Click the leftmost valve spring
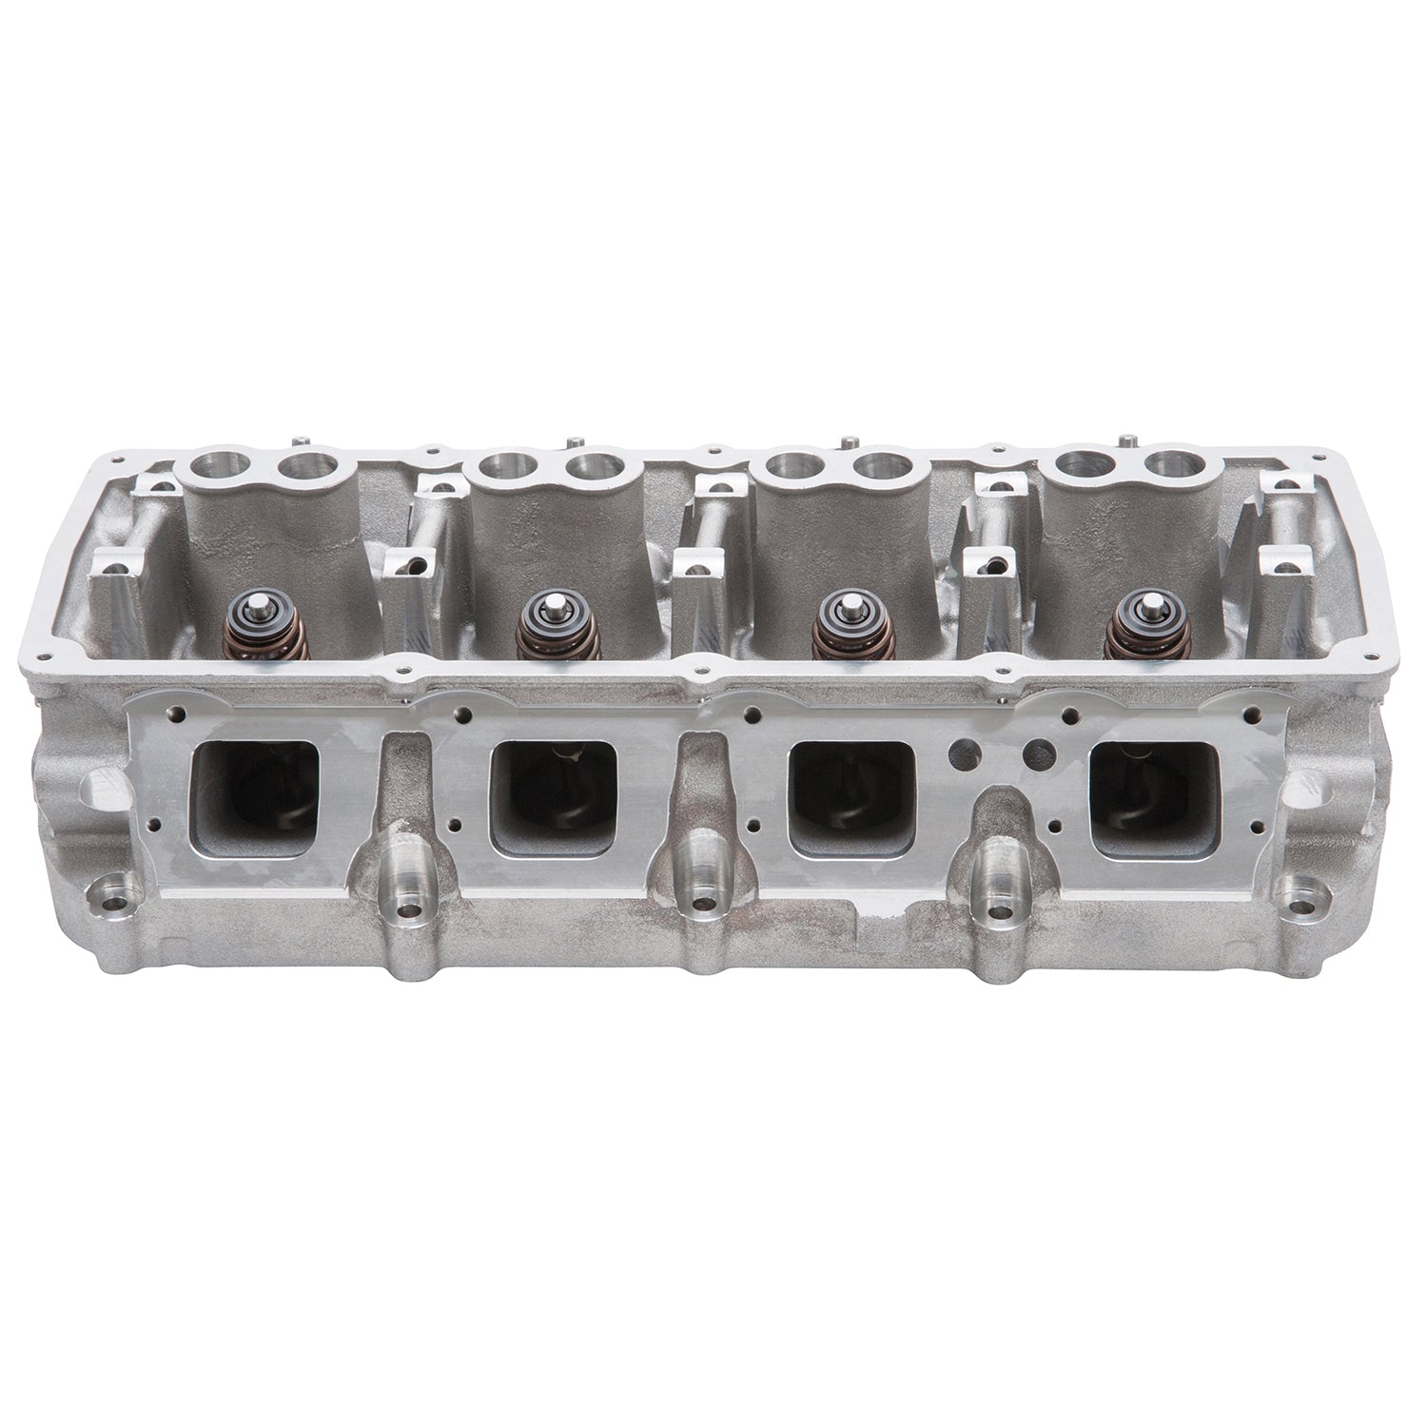(253, 634)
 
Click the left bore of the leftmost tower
(211, 467)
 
